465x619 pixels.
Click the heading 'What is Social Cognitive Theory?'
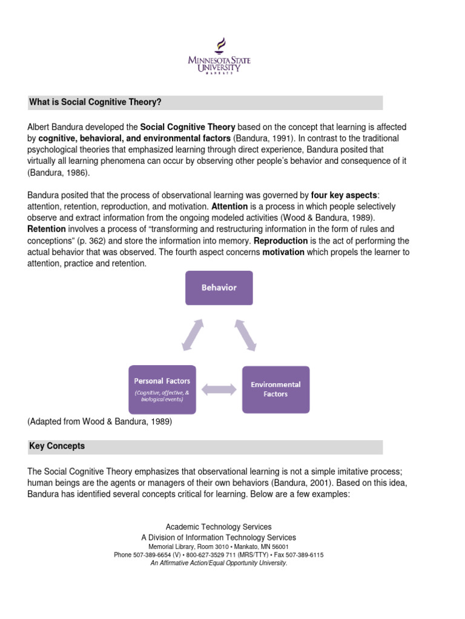point(95,102)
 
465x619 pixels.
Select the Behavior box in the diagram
point(219,288)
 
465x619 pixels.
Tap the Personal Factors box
point(162,389)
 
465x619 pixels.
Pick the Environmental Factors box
point(275,389)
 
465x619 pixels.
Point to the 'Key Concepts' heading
point(57,446)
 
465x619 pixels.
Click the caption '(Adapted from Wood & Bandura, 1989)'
point(100,422)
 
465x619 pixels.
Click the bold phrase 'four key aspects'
point(343,195)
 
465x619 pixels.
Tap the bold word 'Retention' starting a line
point(47,229)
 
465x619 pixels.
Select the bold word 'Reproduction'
point(281,241)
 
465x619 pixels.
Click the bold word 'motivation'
point(283,252)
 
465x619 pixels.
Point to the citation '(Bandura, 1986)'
point(58,172)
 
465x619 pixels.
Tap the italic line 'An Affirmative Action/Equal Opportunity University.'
point(219,563)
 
